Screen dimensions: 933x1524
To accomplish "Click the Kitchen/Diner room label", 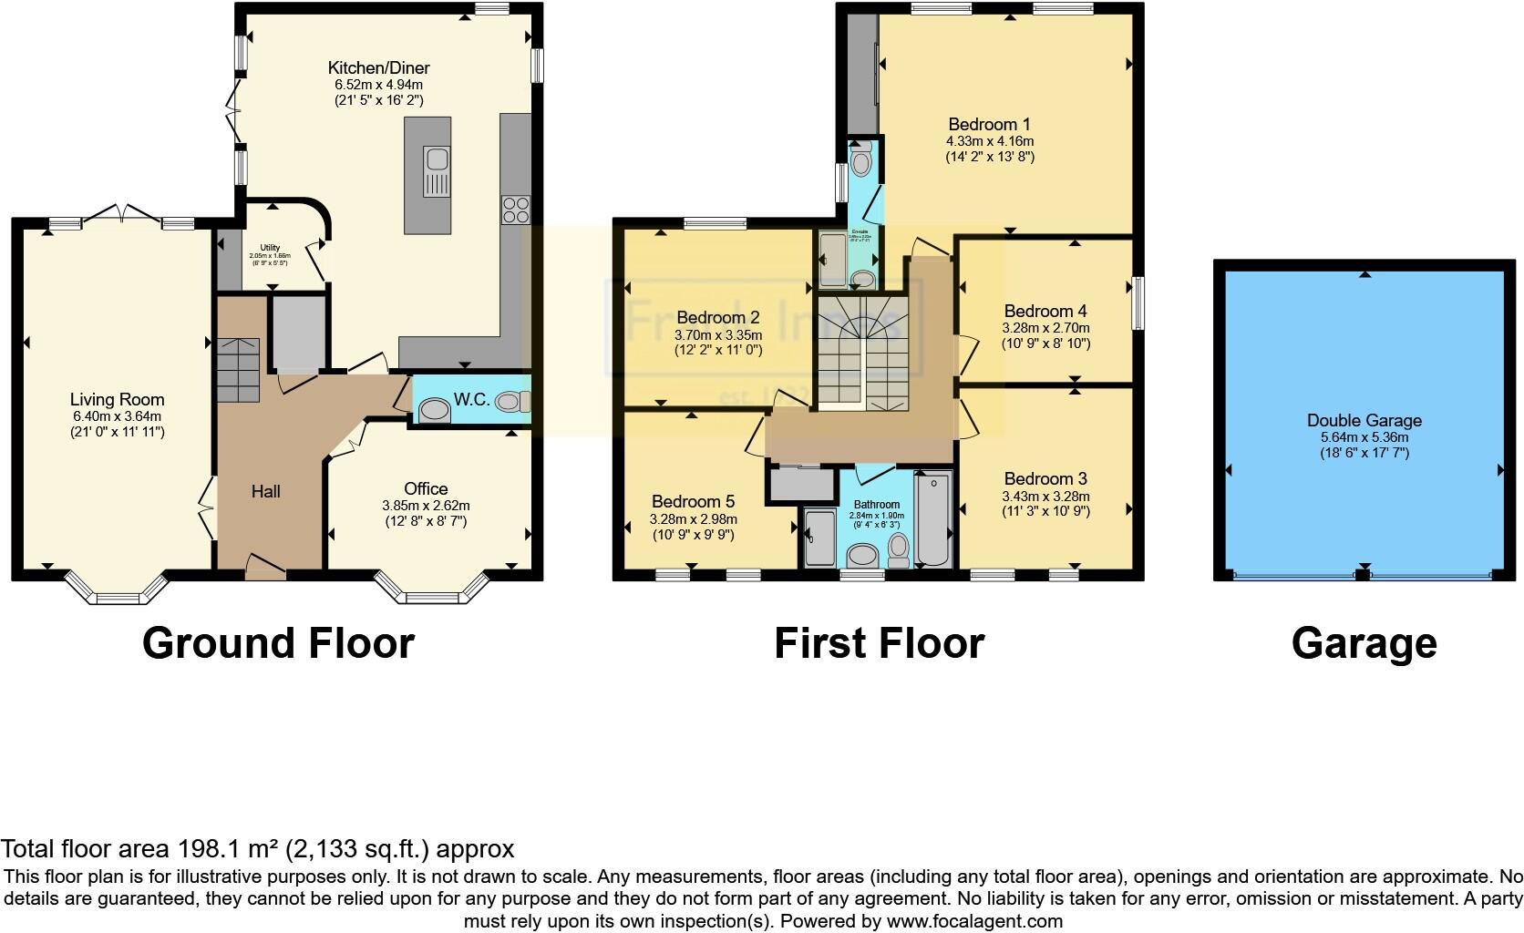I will pyautogui.click(x=378, y=67).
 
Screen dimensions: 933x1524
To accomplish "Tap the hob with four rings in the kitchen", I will pyautogui.click(x=515, y=210).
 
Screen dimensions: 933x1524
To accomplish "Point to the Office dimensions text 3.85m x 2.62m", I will pyautogui.click(x=426, y=505).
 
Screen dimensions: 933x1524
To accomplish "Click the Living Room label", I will pyautogui.click(x=117, y=399).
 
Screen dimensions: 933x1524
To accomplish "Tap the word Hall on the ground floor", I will pyautogui.click(x=265, y=491).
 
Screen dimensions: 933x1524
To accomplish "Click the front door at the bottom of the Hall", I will pyautogui.click(x=265, y=569).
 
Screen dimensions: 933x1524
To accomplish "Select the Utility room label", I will pyautogui.click(x=270, y=248).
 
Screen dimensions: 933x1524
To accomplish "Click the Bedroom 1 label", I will pyautogui.click(x=989, y=124).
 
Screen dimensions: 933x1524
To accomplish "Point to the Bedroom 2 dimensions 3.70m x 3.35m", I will pyautogui.click(x=718, y=334).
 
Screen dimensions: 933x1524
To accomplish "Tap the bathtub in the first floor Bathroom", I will pyautogui.click(x=932, y=518).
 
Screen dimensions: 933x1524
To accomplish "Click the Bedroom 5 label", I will pyautogui.click(x=693, y=501).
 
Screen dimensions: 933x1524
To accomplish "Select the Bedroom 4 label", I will pyautogui.click(x=1045, y=311).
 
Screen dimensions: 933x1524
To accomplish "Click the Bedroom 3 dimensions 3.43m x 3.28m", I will pyautogui.click(x=1045, y=496).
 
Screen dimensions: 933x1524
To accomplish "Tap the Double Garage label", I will pyautogui.click(x=1364, y=420).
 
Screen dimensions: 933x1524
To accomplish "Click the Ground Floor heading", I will pyautogui.click(x=278, y=643).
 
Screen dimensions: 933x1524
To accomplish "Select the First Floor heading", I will pyautogui.click(x=879, y=643).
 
